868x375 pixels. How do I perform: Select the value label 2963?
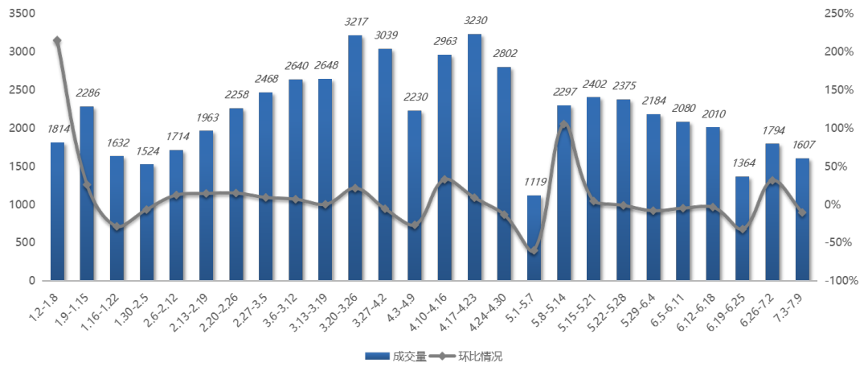[x=444, y=41]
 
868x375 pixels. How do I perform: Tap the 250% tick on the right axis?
[x=839, y=14]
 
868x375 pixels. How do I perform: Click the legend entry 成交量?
[x=387, y=356]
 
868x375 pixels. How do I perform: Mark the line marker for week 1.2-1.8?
[x=57, y=39]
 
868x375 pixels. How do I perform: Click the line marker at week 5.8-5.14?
[x=563, y=124]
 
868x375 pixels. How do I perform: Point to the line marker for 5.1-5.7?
[x=534, y=251]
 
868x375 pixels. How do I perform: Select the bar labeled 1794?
[x=772, y=212]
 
